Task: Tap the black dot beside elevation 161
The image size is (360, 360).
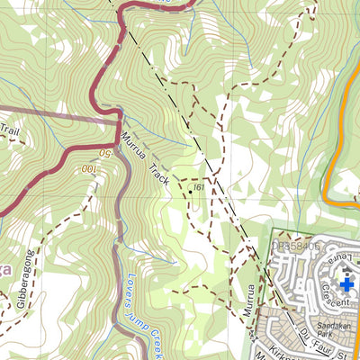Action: pyautogui.click(x=190, y=190)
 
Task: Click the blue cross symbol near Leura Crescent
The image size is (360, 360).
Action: pyautogui.click(x=347, y=285)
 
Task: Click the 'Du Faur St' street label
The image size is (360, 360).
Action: pyautogui.click(x=314, y=339)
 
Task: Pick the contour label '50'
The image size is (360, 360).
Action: pyautogui.click(x=104, y=154)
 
